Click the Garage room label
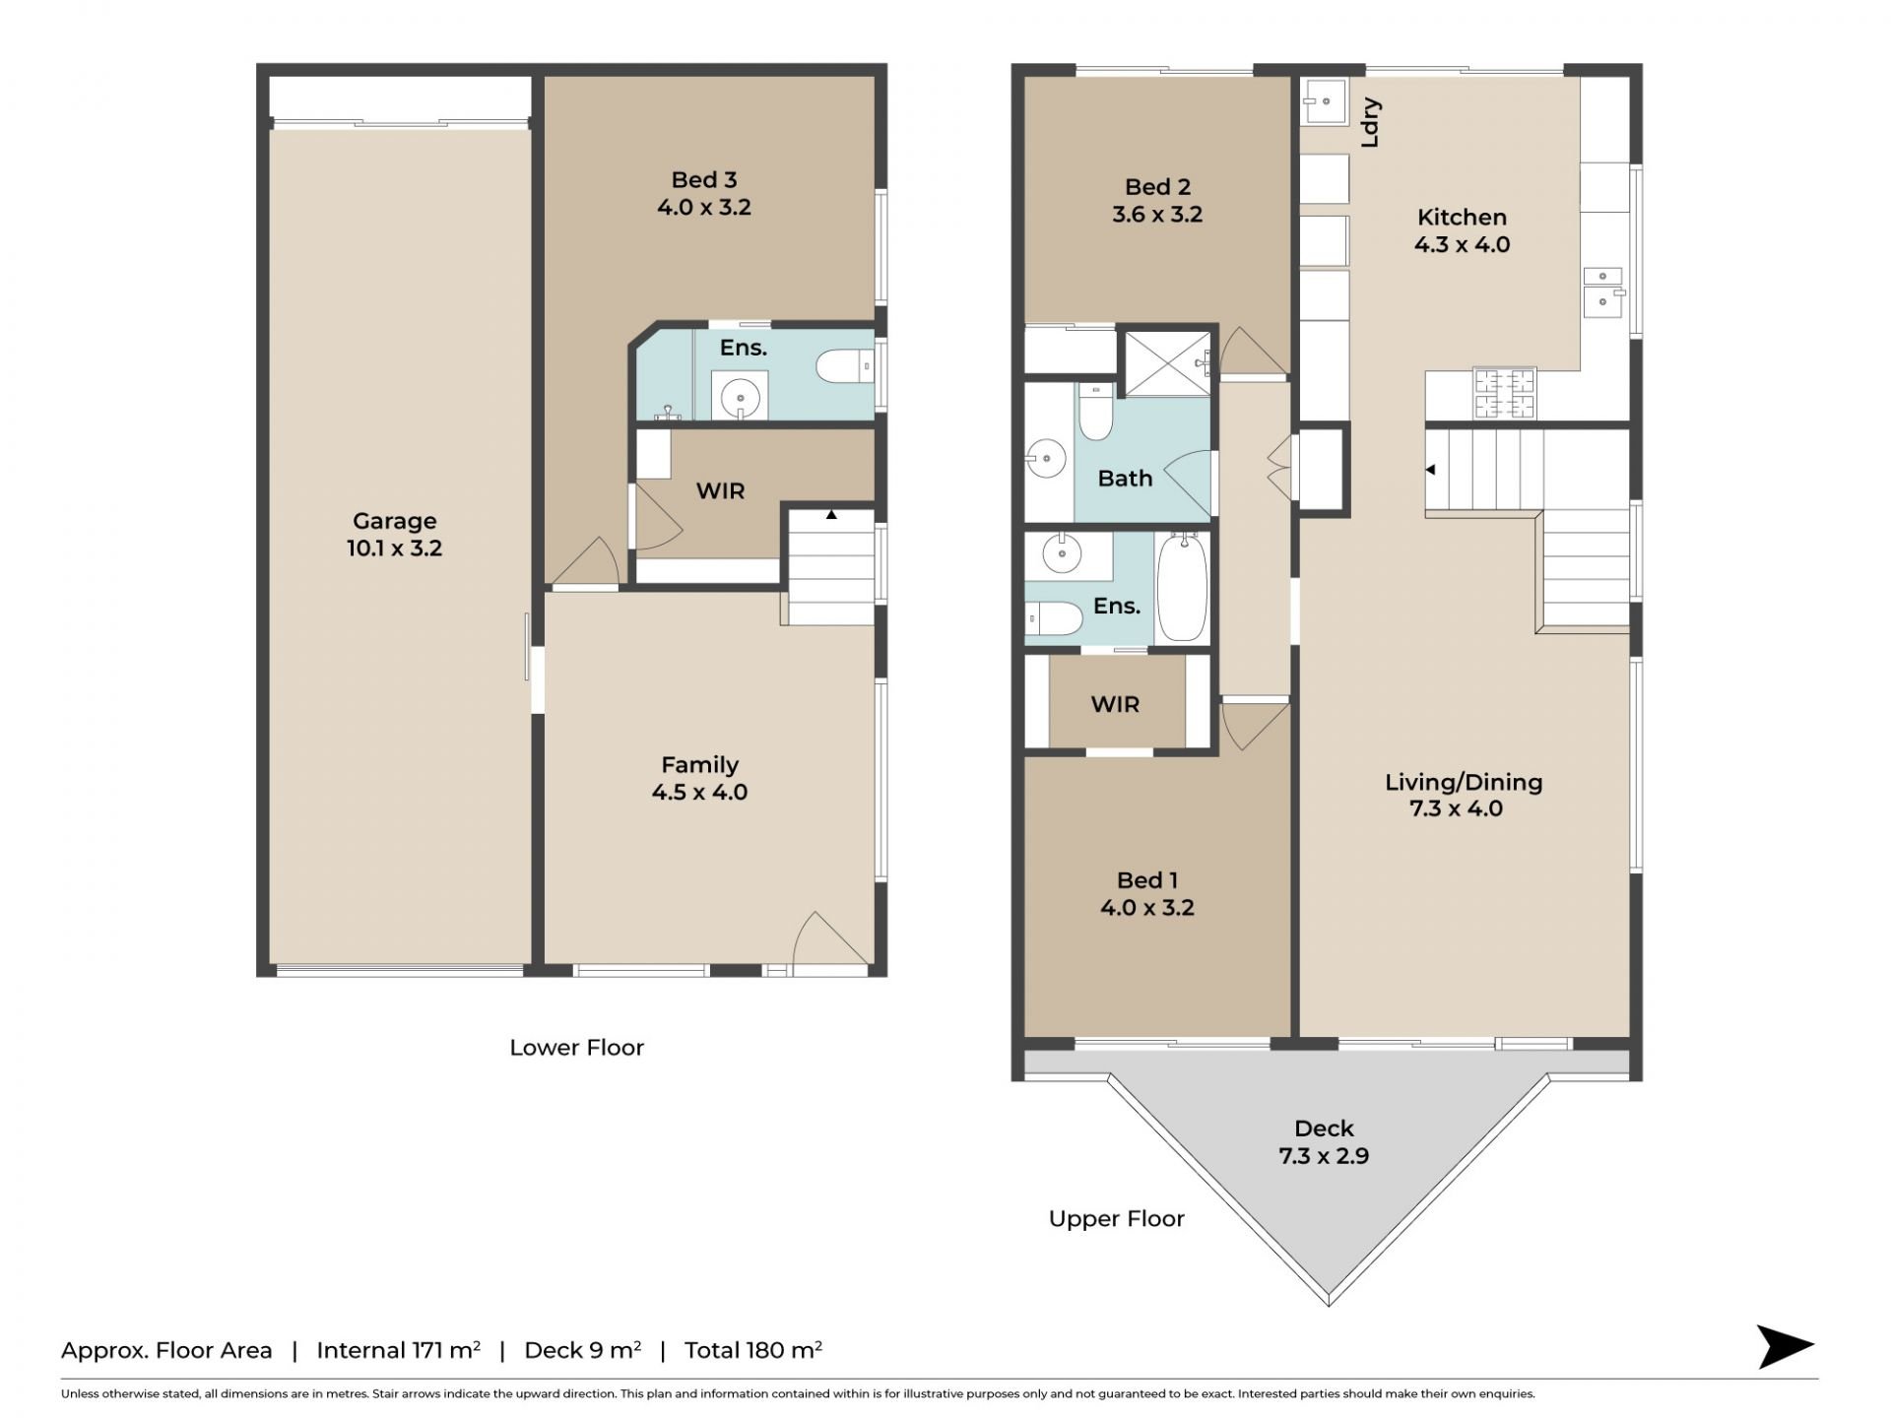click(x=394, y=535)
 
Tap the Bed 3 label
click(x=703, y=180)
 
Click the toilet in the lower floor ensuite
click(x=845, y=367)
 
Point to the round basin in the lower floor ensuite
click(x=740, y=399)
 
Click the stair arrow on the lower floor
click(x=831, y=514)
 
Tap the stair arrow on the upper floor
click(x=1431, y=470)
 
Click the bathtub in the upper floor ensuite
click(x=1182, y=587)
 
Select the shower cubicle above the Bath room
click(x=1168, y=364)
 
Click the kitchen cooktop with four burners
click(x=1504, y=393)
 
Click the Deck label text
click(x=1324, y=1128)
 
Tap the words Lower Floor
click(x=576, y=1048)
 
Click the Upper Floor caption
click(x=1116, y=1219)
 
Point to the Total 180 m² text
click(x=753, y=1350)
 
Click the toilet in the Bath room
click(x=1095, y=413)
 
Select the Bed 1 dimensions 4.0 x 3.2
click(x=1146, y=908)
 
